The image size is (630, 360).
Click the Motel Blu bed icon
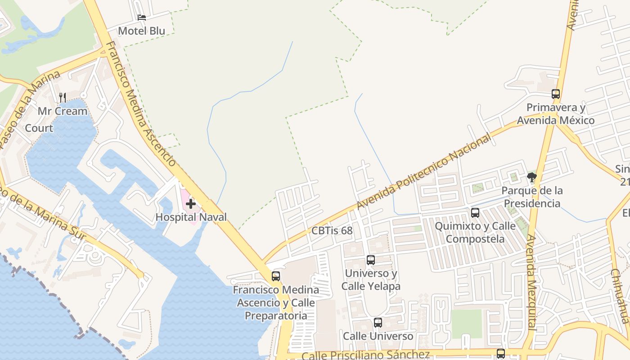142,18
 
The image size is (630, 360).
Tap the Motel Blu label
141,31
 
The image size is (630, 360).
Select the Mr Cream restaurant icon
63,97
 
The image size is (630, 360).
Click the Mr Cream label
63,111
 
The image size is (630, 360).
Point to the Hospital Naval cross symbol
191,204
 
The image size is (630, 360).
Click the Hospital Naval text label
191,217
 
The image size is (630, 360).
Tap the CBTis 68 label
332,231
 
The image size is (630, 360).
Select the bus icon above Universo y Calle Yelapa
371,260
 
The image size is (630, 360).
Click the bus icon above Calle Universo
378,323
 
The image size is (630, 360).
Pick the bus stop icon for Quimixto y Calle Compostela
475,213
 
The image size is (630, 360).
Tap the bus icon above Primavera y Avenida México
556,94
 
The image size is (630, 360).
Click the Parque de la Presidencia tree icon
532,177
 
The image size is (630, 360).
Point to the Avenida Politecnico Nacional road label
424,172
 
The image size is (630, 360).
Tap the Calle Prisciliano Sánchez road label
365,355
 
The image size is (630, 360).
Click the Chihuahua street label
620,296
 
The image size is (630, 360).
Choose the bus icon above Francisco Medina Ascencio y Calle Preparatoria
276,276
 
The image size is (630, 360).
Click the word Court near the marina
39,128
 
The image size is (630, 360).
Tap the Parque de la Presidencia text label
532,197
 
